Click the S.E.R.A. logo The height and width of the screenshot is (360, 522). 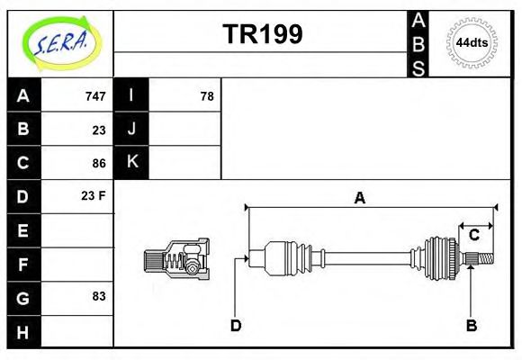[x=58, y=42]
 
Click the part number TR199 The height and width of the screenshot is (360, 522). [x=262, y=34]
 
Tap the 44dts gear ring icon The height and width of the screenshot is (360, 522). [x=472, y=42]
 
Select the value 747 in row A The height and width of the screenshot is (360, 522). [x=94, y=95]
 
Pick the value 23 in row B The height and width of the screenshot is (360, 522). [x=98, y=130]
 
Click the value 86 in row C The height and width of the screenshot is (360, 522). [x=98, y=163]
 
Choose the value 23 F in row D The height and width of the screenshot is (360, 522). [x=94, y=195]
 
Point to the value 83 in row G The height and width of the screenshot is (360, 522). [x=98, y=296]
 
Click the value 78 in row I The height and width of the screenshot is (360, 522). [x=206, y=95]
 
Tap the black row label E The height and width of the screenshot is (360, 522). [x=23, y=230]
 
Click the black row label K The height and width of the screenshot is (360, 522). [x=132, y=162]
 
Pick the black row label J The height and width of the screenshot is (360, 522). [x=132, y=129]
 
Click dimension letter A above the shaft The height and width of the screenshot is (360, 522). [x=359, y=199]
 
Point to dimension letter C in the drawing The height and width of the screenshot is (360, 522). [x=473, y=236]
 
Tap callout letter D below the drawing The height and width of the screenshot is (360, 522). [x=235, y=325]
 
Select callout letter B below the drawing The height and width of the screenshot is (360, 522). [x=471, y=325]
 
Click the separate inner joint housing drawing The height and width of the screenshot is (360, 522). [x=177, y=260]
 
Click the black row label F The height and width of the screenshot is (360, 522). [x=23, y=264]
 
